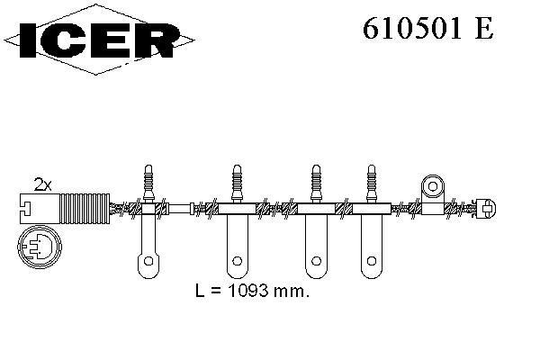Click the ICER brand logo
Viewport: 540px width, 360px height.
(99, 40)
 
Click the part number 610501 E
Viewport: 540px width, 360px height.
(428, 28)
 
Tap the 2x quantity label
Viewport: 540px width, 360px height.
(42, 184)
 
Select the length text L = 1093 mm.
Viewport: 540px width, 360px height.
(252, 291)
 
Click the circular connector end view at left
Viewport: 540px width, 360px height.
(40, 247)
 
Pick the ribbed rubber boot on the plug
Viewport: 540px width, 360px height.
(85, 209)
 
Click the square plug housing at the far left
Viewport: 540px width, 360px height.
(40, 209)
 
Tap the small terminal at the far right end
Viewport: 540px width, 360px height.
(486, 209)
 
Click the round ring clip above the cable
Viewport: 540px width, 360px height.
(433, 186)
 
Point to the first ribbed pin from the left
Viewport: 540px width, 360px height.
(148, 184)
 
